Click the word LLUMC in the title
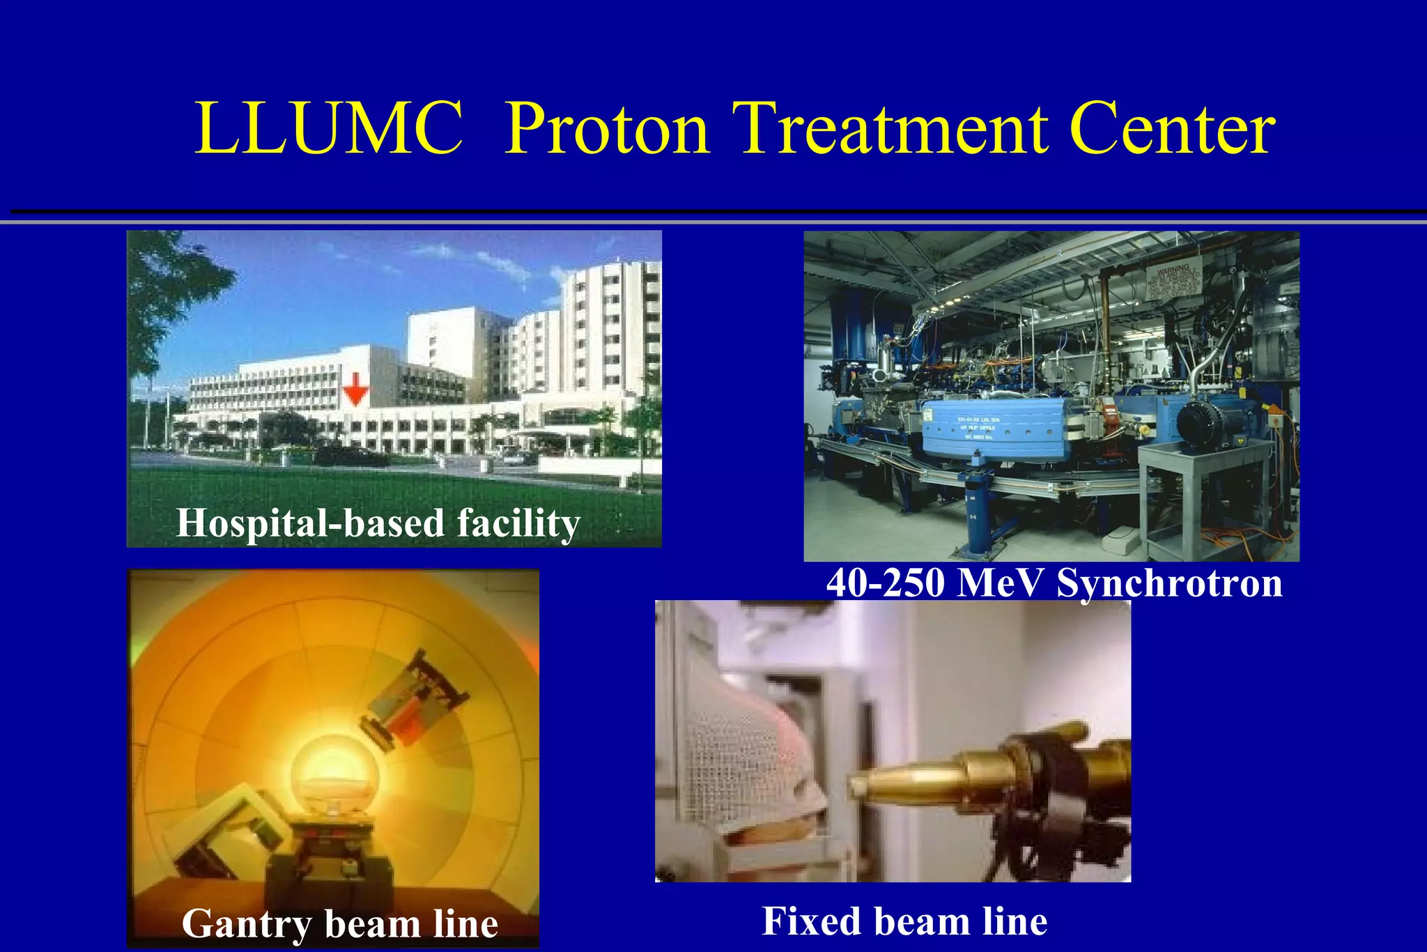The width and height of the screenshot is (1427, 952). [328, 130]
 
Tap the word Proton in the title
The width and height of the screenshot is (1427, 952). [606, 130]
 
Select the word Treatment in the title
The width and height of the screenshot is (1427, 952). [891, 130]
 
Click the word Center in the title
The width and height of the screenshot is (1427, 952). [1171, 130]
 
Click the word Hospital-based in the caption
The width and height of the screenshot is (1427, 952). [309, 523]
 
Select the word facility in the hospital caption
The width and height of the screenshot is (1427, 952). [518, 523]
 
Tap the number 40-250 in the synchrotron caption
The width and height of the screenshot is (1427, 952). [885, 583]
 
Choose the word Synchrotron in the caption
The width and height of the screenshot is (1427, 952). [1169, 583]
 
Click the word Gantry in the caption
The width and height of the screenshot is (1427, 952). [246, 924]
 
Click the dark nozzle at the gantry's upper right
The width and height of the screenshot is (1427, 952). [418, 697]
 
